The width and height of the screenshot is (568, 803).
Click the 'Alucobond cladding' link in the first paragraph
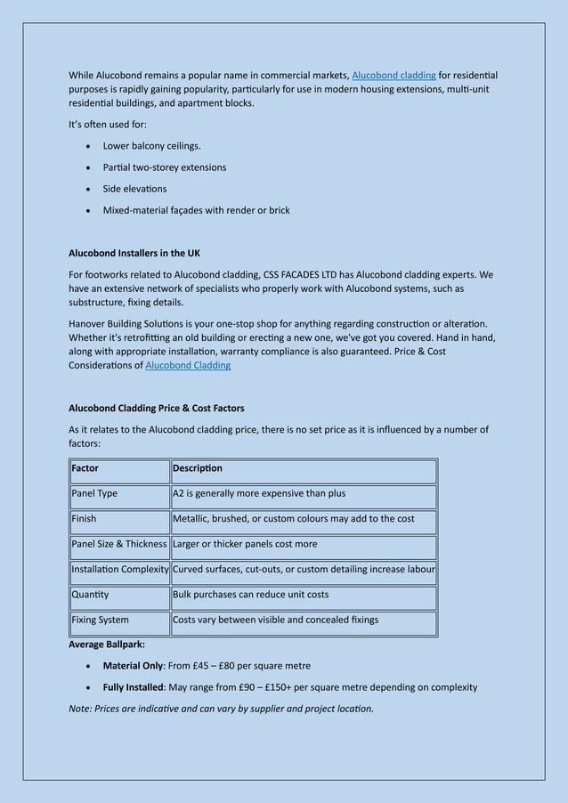pyautogui.click(x=394, y=75)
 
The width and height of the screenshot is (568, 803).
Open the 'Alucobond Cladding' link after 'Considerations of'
pyautogui.click(x=188, y=366)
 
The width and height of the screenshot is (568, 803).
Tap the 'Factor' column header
pyautogui.click(x=85, y=468)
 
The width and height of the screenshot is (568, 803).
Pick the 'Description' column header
pyautogui.click(x=198, y=468)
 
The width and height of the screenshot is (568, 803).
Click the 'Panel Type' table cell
pyautogui.click(x=94, y=493)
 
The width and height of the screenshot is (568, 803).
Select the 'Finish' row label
pyautogui.click(x=85, y=518)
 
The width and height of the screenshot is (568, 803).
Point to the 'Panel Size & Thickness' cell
pyautogui.click(x=119, y=544)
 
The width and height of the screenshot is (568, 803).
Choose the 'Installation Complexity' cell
pyautogui.click(x=120, y=569)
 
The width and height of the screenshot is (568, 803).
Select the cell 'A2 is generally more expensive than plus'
pyautogui.click(x=259, y=493)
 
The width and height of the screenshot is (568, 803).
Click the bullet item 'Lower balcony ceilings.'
pyautogui.click(x=151, y=146)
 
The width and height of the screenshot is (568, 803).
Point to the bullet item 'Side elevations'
pyautogui.click(x=134, y=189)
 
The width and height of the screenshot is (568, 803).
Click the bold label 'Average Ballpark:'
pyautogui.click(x=107, y=644)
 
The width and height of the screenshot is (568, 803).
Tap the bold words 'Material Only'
pyautogui.click(x=133, y=666)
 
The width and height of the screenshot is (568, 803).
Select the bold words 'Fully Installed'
pyautogui.click(x=133, y=687)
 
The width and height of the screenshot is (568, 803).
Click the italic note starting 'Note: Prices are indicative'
pyautogui.click(x=221, y=709)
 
